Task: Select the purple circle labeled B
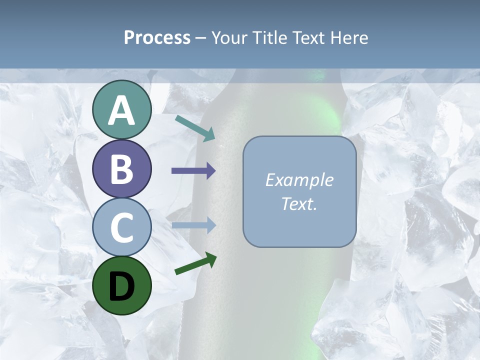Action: click(x=122, y=169)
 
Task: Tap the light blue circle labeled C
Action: click(x=122, y=227)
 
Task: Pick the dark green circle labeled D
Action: click(x=122, y=285)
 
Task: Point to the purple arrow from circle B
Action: click(x=193, y=170)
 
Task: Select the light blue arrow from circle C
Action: click(x=193, y=225)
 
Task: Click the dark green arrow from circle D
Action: click(x=195, y=263)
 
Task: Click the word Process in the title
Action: click(x=157, y=38)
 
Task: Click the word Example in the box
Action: click(x=299, y=180)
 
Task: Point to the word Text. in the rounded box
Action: click(x=299, y=204)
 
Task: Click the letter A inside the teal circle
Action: click(x=122, y=111)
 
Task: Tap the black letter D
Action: click(x=122, y=286)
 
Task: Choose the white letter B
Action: click(x=122, y=169)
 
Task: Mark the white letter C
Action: click(x=122, y=228)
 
